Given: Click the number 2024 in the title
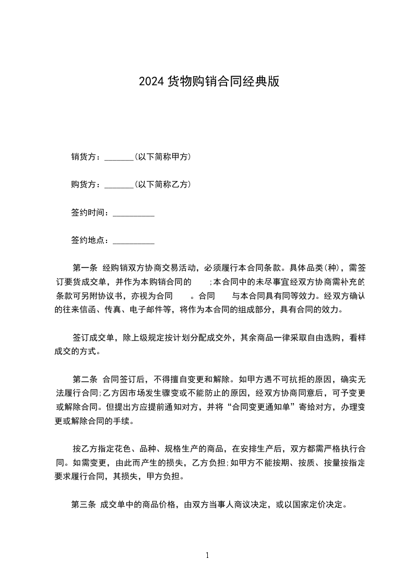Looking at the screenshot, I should [151, 81].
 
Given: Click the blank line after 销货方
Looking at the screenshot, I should [119, 157].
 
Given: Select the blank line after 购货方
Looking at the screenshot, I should [119, 185].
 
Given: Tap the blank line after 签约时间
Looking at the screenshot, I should [133, 213].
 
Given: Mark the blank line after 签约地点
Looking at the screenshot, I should [133, 241].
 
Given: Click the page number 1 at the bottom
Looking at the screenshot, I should [207, 555].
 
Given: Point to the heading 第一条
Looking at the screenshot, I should [85, 269].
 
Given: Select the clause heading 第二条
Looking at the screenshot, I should [85, 380].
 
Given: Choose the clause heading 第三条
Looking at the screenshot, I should [84, 505].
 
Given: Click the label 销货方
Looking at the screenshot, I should [84, 156].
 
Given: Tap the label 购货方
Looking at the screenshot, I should [84, 185].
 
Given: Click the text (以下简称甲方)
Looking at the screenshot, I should [162, 156].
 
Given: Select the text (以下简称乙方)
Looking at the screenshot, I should [162, 185].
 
